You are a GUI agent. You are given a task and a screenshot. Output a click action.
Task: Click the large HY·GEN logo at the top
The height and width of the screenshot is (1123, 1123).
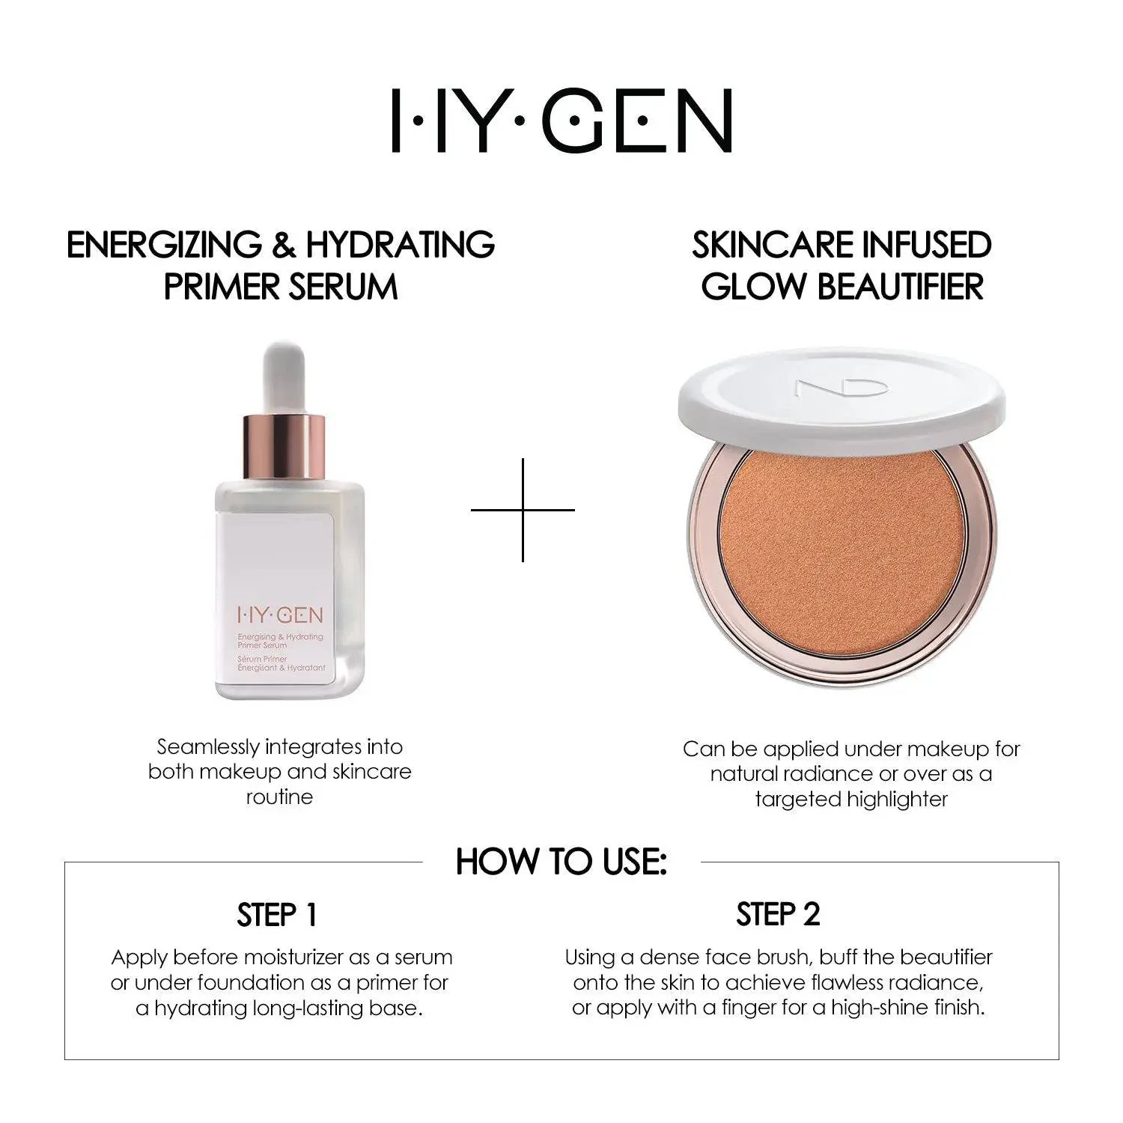[561, 121]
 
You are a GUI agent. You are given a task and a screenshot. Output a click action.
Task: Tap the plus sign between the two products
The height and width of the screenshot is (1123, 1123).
[523, 510]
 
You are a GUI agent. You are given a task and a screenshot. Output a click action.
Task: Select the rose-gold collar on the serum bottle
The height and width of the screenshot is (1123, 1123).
[285, 448]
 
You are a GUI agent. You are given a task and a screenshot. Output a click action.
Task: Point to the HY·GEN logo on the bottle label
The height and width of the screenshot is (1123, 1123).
[280, 615]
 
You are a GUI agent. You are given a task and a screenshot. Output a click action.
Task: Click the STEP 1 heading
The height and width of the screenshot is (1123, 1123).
[277, 915]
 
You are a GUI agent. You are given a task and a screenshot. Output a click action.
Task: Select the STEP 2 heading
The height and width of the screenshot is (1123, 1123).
[778, 915]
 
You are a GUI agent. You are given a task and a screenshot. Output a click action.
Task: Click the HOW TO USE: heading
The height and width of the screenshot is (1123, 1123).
[561, 862]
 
